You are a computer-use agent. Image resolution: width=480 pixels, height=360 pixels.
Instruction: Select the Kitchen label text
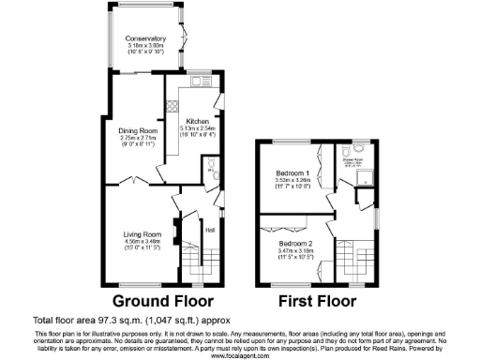(x=198, y=122)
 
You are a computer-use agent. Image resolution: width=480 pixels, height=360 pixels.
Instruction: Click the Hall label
(x=210, y=229)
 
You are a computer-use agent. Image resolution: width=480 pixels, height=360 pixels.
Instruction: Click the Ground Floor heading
(x=163, y=301)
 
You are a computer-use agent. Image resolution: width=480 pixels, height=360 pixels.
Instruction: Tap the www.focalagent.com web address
(x=239, y=355)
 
